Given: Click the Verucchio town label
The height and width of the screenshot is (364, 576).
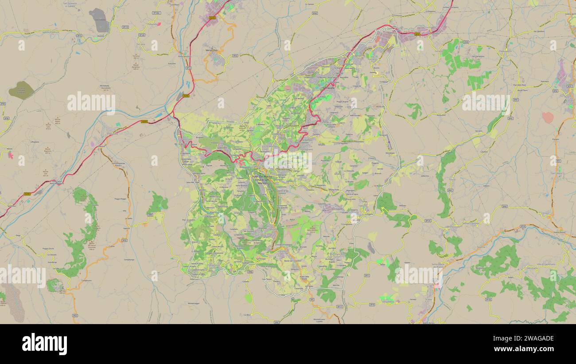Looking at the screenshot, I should [211, 50].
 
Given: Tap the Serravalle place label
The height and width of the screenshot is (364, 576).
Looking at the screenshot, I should [328, 87].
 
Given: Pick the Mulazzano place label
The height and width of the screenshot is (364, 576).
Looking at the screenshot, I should [441, 114].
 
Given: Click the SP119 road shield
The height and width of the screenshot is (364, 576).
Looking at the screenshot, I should [125, 27].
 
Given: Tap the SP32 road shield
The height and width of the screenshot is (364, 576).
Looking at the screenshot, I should [235, 56].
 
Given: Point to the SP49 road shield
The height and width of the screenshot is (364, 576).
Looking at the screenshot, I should [466, 41].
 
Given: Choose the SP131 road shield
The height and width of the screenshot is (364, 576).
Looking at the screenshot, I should [558, 161].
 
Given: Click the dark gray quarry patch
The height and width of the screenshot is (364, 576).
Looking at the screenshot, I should [99, 20].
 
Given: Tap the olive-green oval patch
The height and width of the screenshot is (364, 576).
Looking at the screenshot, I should [21, 90].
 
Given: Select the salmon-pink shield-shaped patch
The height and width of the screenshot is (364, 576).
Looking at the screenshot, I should [548, 117].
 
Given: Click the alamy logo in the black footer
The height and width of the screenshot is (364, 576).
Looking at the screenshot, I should [44, 344].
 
